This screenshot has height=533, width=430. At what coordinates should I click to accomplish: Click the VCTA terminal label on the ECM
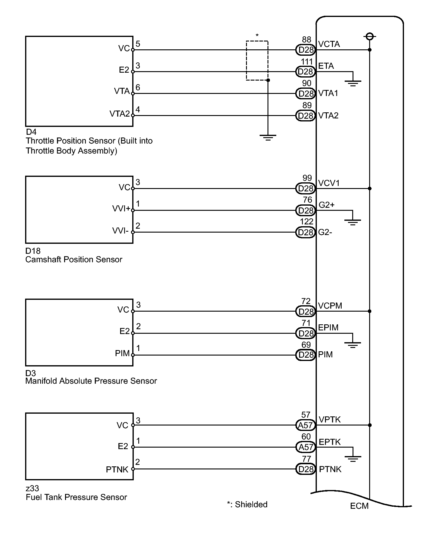click(329, 44)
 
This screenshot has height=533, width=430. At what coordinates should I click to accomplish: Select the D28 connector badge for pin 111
click(305, 72)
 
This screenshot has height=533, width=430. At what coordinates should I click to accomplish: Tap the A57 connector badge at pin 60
click(305, 447)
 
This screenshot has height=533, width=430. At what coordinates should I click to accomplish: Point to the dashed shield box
click(257, 61)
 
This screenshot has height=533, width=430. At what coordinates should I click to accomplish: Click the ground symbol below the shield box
click(268, 138)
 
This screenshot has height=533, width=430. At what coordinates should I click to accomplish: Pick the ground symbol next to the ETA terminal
click(353, 82)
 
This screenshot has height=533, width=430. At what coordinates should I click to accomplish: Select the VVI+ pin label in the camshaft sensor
click(121, 209)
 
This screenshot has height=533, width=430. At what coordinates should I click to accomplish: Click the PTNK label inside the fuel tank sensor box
click(117, 469)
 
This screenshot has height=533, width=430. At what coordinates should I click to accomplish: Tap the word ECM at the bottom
click(359, 506)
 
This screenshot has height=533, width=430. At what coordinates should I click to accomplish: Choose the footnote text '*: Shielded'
click(247, 505)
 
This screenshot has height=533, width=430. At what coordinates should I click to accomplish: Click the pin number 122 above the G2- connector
click(307, 222)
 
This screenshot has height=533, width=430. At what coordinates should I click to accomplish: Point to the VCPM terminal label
click(330, 306)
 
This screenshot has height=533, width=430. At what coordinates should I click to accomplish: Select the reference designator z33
click(32, 488)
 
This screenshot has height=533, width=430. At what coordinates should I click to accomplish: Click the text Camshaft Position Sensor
click(74, 260)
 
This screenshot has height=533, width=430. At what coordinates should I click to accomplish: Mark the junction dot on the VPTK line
click(369, 425)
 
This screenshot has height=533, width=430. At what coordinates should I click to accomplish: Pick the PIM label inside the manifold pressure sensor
click(122, 353)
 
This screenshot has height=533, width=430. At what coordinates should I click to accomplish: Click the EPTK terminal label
click(330, 442)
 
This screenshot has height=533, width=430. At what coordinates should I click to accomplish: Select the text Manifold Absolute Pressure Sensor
click(91, 381)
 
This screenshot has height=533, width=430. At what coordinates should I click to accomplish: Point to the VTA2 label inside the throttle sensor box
click(120, 114)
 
